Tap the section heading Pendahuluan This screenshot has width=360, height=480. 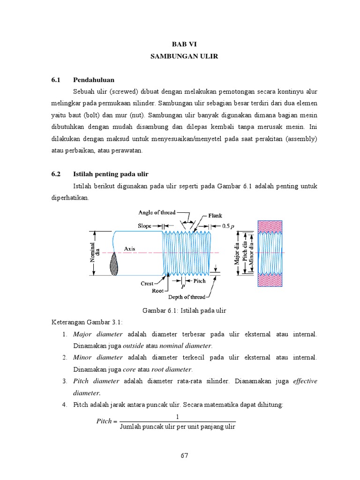point(94,80)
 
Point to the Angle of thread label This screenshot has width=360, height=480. point(157,212)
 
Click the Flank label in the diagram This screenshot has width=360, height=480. point(215,216)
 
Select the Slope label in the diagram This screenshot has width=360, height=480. point(144,225)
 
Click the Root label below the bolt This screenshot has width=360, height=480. point(157,290)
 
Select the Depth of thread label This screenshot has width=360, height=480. point(187,296)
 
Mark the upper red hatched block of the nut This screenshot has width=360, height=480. point(270,225)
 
